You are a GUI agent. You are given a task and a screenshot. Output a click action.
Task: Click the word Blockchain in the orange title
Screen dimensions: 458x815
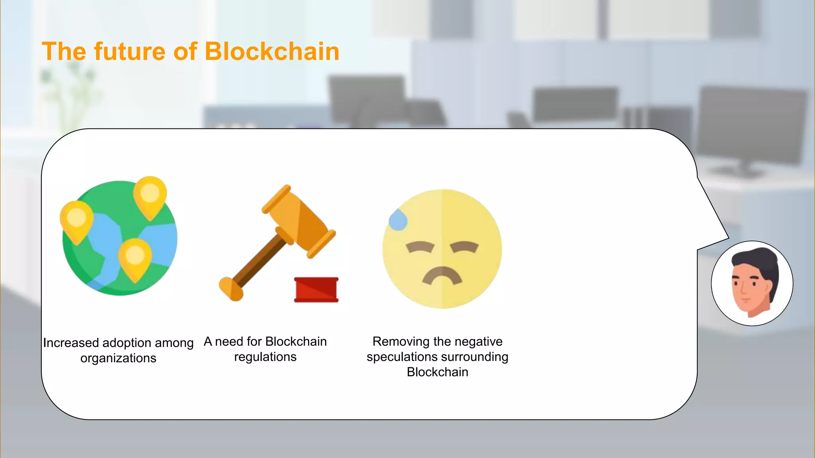272,52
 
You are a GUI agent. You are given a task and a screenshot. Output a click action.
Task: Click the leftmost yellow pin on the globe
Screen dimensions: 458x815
76,220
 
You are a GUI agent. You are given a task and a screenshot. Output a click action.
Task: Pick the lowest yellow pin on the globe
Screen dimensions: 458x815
135,258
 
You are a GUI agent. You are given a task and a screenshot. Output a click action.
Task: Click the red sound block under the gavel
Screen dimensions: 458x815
316,290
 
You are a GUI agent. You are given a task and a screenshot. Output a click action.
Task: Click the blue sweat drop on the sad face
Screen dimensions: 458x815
398,220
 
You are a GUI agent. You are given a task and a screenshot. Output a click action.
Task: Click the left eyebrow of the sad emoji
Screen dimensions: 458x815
420,247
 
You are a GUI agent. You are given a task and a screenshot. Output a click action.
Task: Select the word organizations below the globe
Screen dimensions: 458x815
118,358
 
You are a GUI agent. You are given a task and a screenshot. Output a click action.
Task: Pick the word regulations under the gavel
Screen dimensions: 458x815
265,357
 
